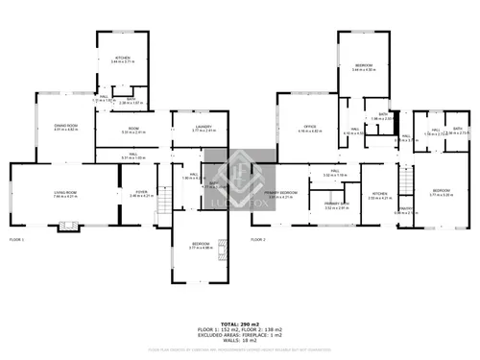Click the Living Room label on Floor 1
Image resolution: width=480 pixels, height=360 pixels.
pyautogui.click(x=65, y=193)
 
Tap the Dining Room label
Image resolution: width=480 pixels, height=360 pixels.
pyautogui.click(x=65, y=126)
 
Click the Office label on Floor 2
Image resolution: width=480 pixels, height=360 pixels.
pyautogui.click(x=309, y=126)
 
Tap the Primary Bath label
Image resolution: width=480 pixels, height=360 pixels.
pyautogui.click(x=335, y=204)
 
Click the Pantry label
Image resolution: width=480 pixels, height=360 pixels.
pyautogui.click(x=405, y=209)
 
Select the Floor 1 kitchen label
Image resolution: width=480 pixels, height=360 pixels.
pyautogui.click(x=122, y=59)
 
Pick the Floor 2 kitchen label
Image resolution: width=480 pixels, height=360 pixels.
pyautogui.click(x=380, y=193)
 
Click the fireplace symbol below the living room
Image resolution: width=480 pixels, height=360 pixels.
pyautogui.click(x=66, y=227)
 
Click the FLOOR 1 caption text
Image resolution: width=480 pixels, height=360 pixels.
pyautogui.click(x=18, y=239)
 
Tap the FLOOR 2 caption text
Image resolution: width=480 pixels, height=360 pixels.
pyautogui.click(x=259, y=239)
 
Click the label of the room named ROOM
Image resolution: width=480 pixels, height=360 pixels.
pyautogui.click(x=133, y=129)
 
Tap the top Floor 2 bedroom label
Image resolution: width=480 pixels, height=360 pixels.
pyautogui.click(x=364, y=65)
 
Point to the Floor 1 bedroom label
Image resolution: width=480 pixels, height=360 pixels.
pyautogui.click(x=201, y=245)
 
